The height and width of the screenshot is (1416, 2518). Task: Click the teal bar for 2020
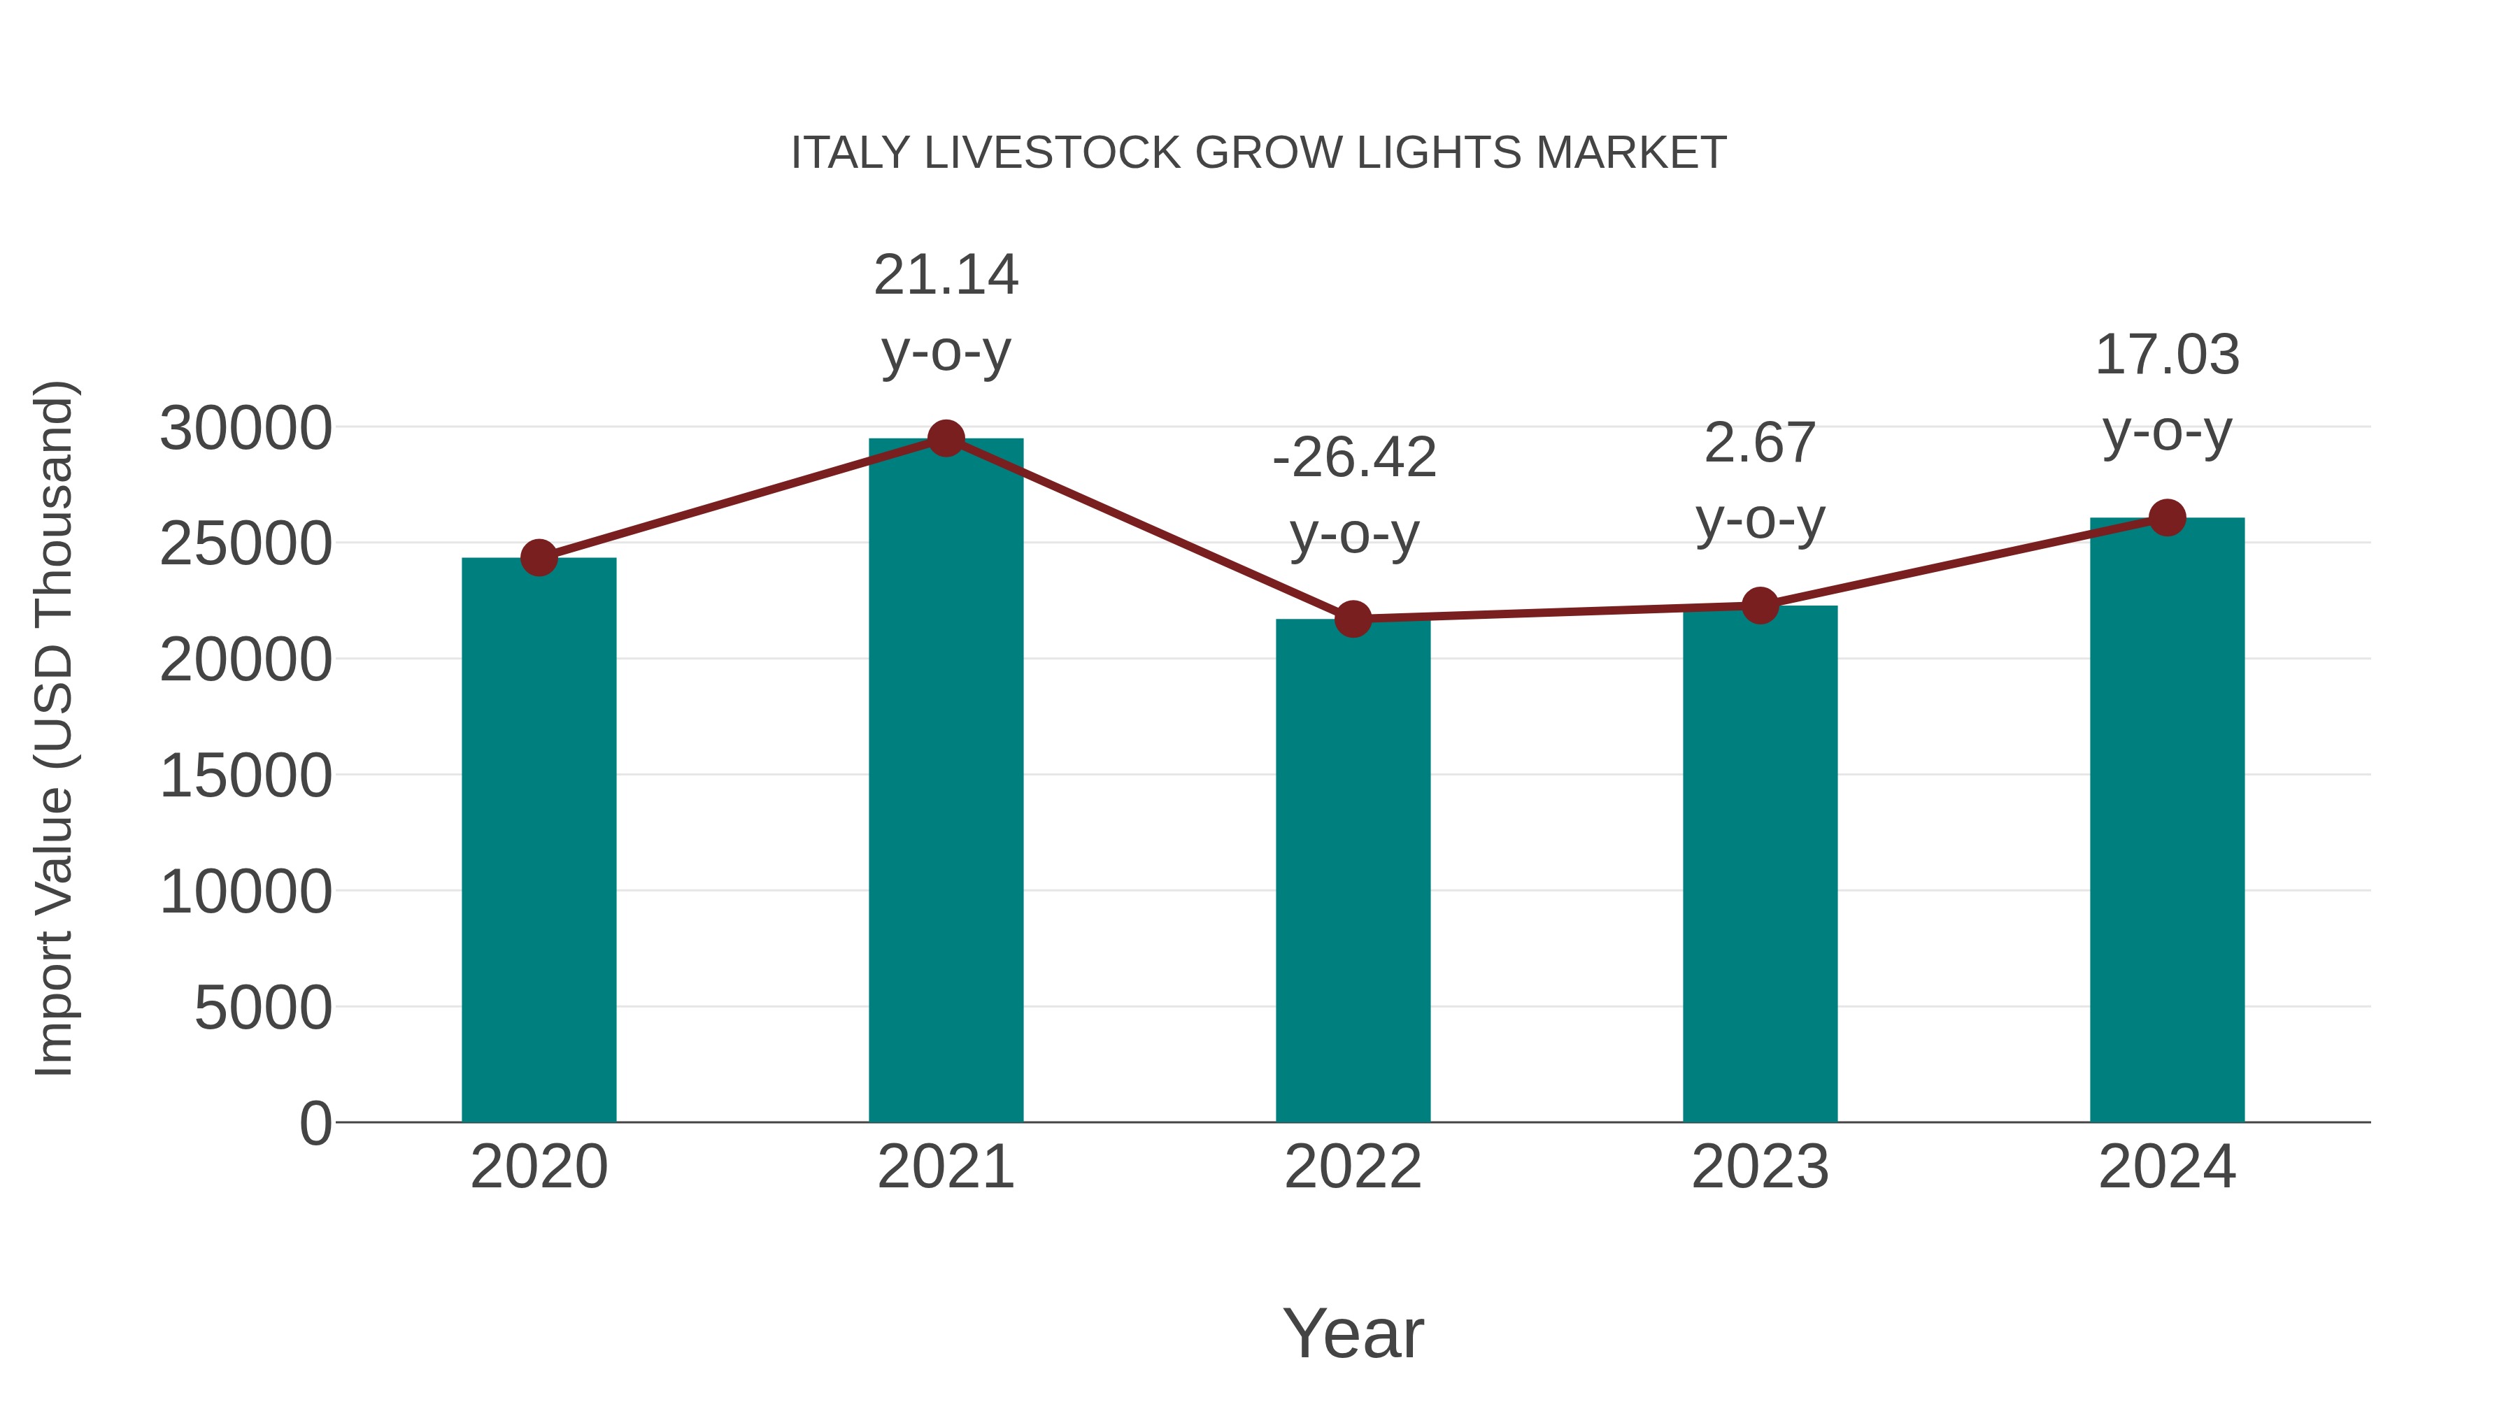coord(539,841)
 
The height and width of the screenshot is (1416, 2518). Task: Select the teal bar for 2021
coord(945,782)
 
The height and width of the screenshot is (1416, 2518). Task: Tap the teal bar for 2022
coord(1353,870)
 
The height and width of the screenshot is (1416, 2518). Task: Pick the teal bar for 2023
coord(1760,865)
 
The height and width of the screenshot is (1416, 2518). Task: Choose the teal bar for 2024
coord(2167,821)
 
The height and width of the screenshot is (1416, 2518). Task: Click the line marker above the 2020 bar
coord(539,558)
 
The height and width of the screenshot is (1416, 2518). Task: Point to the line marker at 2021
coord(945,438)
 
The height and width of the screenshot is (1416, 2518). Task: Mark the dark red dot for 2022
coord(1353,619)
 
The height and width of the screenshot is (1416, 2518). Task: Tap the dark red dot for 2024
coord(2167,518)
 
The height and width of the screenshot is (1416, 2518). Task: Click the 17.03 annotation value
coord(2167,355)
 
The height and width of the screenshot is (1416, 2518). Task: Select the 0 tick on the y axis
coord(315,1123)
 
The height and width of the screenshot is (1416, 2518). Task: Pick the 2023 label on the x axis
coord(1760,1167)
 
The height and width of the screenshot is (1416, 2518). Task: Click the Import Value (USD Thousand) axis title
coord(54,728)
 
